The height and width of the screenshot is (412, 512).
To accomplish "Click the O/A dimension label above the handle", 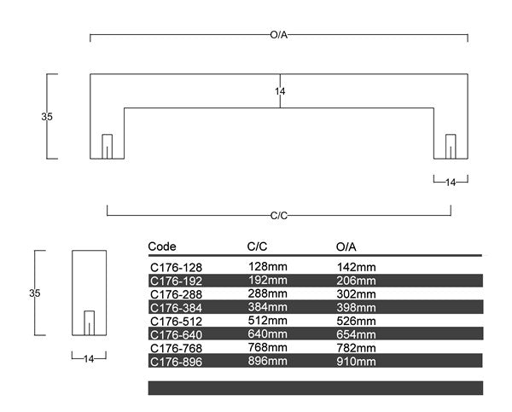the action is pyautogui.click(x=278, y=35).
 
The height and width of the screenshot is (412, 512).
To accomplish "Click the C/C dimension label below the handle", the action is pyautogui.click(x=279, y=216).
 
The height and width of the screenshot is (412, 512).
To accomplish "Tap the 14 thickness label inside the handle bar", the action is pyautogui.click(x=280, y=91).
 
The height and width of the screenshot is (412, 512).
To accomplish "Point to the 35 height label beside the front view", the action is pyautogui.click(x=47, y=117).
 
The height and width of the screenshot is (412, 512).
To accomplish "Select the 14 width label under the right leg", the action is pyautogui.click(x=451, y=183).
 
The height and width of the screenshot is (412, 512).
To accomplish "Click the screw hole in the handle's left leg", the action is pyautogui.click(x=108, y=147).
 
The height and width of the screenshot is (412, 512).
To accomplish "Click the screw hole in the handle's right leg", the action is pyautogui.click(x=451, y=147).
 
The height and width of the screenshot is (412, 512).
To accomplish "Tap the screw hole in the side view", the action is pyautogui.click(x=89, y=323).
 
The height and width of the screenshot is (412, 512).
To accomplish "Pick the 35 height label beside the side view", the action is pyautogui.click(x=35, y=293).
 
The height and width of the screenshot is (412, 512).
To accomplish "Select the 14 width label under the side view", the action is pyautogui.click(x=89, y=359).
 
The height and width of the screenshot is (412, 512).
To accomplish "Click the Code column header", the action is pyautogui.click(x=162, y=247).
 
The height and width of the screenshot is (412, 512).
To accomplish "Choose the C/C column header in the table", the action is pyautogui.click(x=257, y=247).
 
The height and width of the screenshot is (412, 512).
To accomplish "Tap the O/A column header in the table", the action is pyautogui.click(x=346, y=247).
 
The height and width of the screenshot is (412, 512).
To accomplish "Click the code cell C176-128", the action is pyautogui.click(x=177, y=268).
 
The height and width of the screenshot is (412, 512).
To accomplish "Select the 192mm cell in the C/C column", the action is pyautogui.click(x=268, y=280).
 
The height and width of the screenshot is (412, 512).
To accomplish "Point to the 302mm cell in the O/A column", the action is pyautogui.click(x=356, y=294).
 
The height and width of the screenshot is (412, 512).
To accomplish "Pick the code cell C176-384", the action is pyautogui.click(x=177, y=308).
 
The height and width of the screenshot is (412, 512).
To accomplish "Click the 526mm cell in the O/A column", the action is pyautogui.click(x=356, y=321).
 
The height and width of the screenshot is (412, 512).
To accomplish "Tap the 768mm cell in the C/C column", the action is pyautogui.click(x=268, y=347).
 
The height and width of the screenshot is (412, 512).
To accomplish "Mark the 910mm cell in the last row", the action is pyautogui.click(x=356, y=362).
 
